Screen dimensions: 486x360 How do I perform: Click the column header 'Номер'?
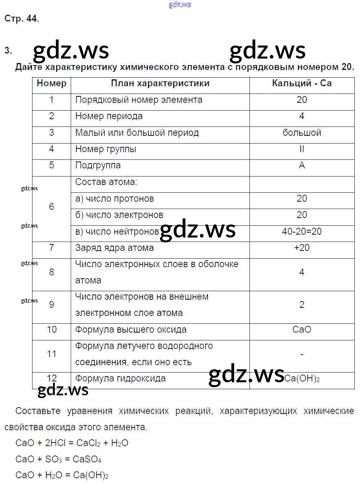(51, 83)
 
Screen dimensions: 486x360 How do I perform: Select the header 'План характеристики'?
(160, 83)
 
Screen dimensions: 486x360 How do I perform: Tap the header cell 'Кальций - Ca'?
(301, 83)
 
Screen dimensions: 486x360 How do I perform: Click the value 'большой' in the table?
(301, 133)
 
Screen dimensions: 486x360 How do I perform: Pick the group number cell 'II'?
(301, 149)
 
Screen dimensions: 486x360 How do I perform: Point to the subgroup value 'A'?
(301, 165)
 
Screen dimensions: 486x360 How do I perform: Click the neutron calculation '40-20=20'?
(301, 231)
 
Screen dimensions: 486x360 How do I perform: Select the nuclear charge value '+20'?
(301, 248)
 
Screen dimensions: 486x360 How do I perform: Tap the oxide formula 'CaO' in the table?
(301, 329)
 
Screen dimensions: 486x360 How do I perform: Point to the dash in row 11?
(301, 354)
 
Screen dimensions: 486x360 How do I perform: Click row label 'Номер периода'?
(109, 116)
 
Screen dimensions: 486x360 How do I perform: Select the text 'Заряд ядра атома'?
(114, 248)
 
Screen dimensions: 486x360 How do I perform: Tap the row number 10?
(52, 329)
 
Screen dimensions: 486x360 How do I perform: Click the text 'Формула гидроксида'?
(120, 379)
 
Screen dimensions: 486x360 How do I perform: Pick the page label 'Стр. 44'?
(22, 18)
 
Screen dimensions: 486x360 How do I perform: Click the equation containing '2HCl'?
(72, 443)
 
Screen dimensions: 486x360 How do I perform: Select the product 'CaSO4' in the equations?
(87, 460)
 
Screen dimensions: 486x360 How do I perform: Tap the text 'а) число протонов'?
(115, 199)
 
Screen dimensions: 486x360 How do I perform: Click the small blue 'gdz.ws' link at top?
(179, 5)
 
